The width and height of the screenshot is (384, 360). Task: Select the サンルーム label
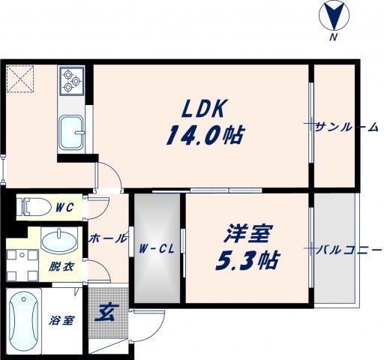click(x=347, y=127)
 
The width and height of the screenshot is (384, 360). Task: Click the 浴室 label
click(x=61, y=321)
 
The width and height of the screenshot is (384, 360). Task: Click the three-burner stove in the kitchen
click(x=72, y=79)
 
